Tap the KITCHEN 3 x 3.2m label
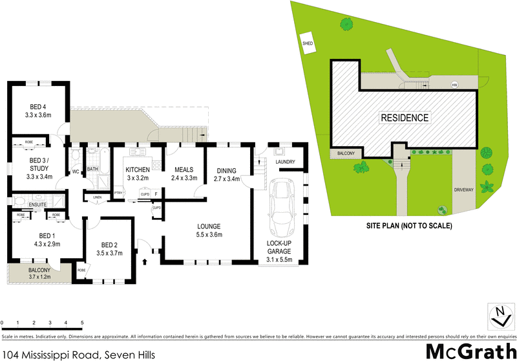pyautogui.click(x=137, y=173)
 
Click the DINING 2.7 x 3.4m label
pyautogui.click(x=226, y=173)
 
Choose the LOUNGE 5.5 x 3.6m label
pyautogui.click(x=210, y=230)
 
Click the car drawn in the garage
pyautogui.click(x=282, y=206)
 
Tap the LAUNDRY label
pyautogui.click(x=285, y=162)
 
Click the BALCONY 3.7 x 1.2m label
pyautogui.click(x=40, y=274)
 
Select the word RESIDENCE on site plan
pyautogui.click(x=404, y=118)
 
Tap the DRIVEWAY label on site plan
pyautogui.click(x=463, y=190)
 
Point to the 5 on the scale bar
pyautogui.click(x=82, y=322)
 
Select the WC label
pyautogui.click(x=76, y=171)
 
